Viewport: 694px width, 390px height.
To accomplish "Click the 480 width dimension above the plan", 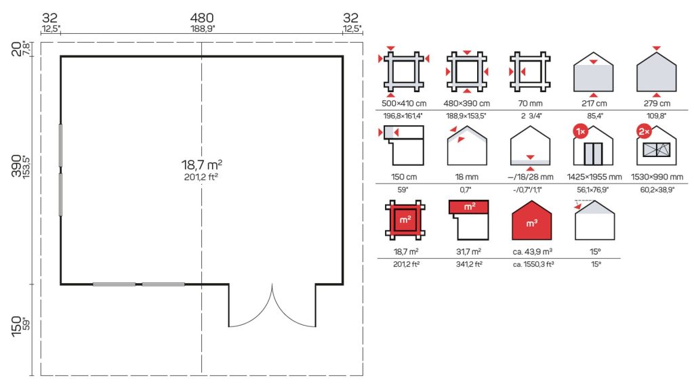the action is tap(202, 18).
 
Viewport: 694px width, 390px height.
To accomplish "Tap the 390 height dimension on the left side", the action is tap(16, 167).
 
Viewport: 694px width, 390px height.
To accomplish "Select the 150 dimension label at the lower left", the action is tap(16, 326).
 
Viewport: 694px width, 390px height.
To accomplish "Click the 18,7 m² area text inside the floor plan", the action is tap(201, 165).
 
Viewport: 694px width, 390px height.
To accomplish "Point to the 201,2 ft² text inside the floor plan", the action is tap(201, 177).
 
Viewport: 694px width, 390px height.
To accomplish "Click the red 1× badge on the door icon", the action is tap(580, 131).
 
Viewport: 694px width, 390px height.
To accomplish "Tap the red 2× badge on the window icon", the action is tap(644, 131).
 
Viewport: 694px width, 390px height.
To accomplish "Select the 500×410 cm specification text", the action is tap(404, 104).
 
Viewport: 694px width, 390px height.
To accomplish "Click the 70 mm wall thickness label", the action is tap(530, 104).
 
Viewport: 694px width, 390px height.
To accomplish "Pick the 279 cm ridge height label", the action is tap(657, 104).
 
